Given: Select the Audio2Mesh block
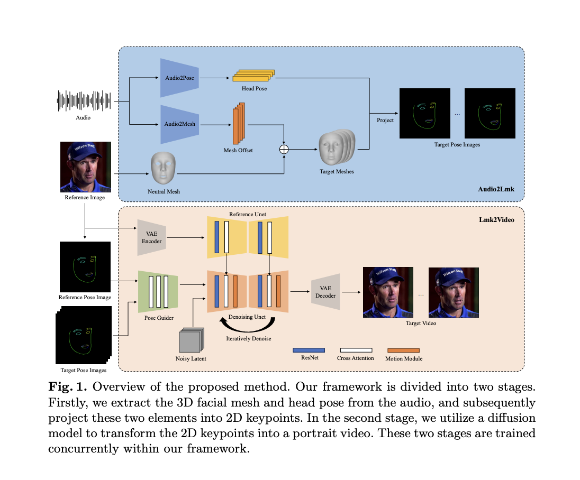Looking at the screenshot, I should (x=179, y=124).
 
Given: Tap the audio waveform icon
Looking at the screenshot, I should (x=83, y=100).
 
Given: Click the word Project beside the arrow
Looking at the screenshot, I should (x=385, y=121).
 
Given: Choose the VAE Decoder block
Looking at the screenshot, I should (x=325, y=291).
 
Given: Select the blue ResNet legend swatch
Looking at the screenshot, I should (x=309, y=350).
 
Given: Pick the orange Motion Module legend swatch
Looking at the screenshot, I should (x=403, y=350).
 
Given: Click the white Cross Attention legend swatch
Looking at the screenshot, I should (x=356, y=350).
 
